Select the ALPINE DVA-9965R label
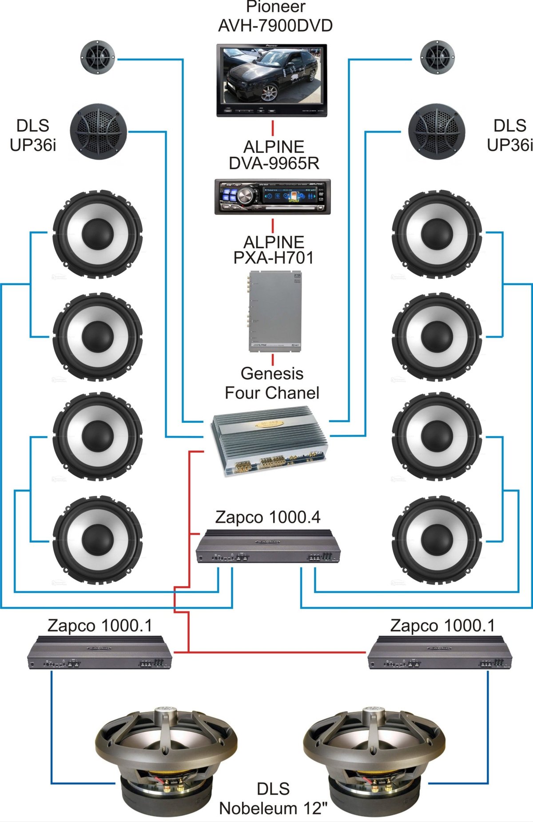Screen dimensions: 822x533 pos(274,155)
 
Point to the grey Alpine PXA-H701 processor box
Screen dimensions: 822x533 pos(274,311)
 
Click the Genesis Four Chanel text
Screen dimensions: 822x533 pos(272,383)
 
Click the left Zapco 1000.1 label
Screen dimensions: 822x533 pos(100,625)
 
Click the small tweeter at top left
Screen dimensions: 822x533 pos(97,57)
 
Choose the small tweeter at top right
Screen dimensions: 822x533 pos(437,57)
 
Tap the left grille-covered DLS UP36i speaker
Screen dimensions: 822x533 pos(98,131)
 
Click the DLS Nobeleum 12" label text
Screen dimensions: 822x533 pos(273,798)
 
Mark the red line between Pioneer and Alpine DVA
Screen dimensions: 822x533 pos(272,128)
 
